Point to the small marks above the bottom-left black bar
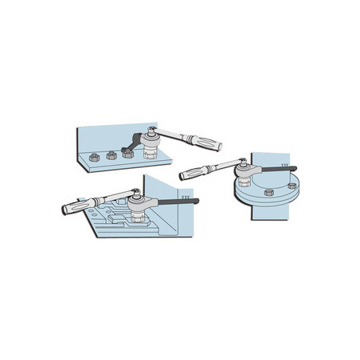click(x=185, y=194)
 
